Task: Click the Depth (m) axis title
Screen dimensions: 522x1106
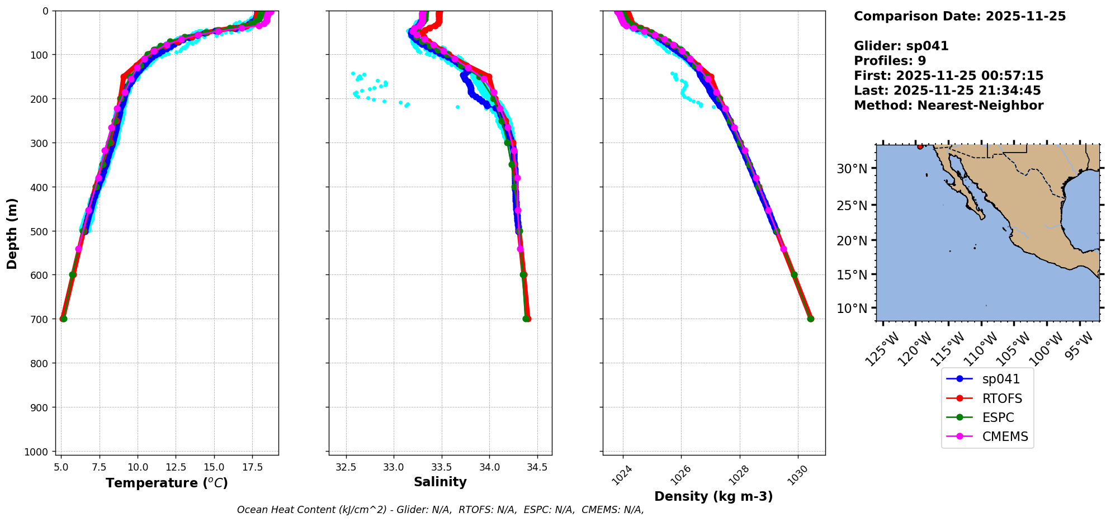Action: [x=12, y=233]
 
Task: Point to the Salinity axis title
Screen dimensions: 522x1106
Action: [x=440, y=482]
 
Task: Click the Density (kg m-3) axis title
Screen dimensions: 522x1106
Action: [x=713, y=496]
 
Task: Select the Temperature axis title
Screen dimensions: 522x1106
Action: [x=167, y=483]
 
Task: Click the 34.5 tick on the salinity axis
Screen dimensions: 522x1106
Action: [x=537, y=467]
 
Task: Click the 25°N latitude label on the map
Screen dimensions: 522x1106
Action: [x=852, y=206]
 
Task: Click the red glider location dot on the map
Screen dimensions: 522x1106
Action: [x=920, y=146]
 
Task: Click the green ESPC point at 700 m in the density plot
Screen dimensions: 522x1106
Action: [x=810, y=319]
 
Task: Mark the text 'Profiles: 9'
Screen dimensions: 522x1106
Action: [x=890, y=61]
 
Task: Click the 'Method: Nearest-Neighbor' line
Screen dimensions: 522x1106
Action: [x=948, y=106]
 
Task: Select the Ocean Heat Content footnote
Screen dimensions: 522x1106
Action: [x=440, y=510]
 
